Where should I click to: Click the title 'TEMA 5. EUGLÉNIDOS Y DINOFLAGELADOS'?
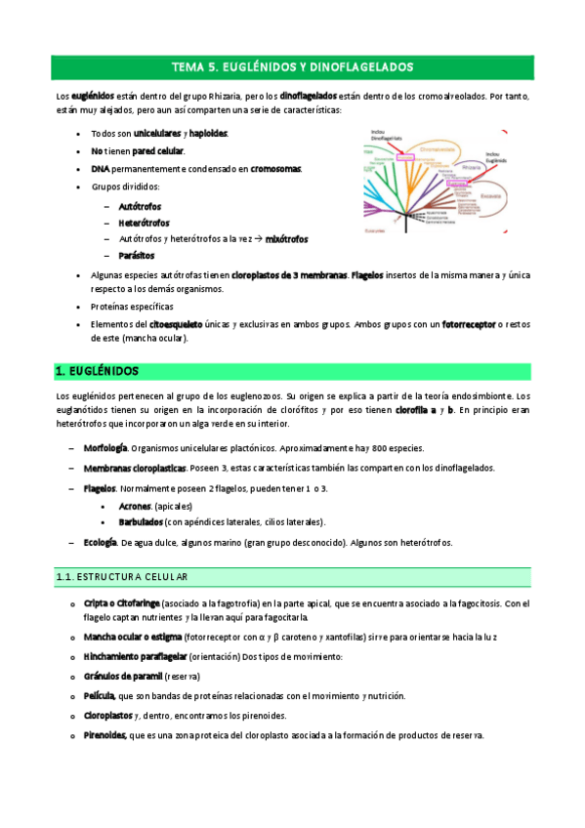pyautogui.click(x=293, y=67)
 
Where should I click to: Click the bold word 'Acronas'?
pyautogui.click(x=134, y=506)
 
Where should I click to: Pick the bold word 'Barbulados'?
pyautogui.click(x=141, y=522)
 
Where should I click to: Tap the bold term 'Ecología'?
pyautogui.click(x=101, y=543)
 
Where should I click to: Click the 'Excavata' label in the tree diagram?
pyautogui.click(x=492, y=195)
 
